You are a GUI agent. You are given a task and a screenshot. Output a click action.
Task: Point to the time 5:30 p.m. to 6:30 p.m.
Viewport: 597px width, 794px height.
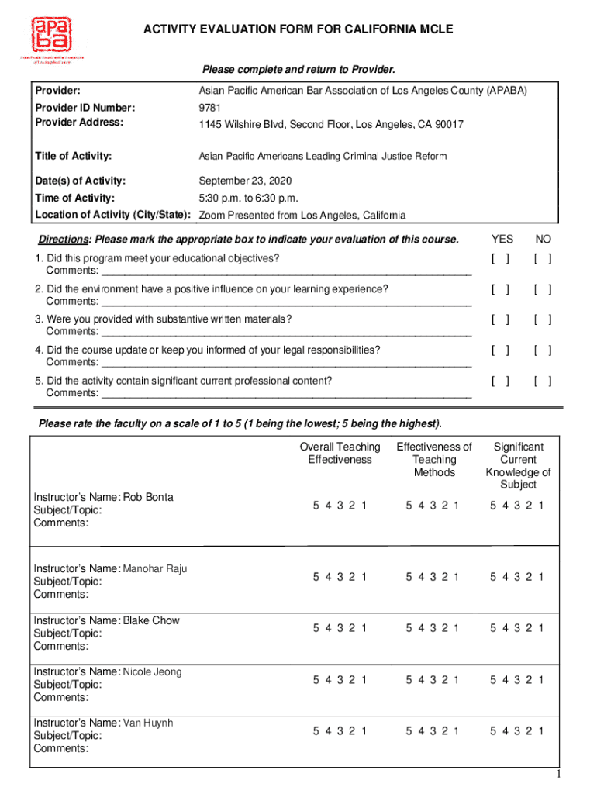[x=248, y=198]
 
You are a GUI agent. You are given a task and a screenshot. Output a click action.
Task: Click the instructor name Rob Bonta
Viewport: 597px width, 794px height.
[x=148, y=497]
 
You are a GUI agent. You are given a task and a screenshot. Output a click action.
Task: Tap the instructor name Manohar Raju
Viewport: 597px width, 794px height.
[x=154, y=568]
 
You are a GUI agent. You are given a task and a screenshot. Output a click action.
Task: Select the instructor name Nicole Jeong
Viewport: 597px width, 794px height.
[x=152, y=671]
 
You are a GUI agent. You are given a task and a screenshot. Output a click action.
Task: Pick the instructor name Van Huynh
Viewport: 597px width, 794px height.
[x=148, y=723]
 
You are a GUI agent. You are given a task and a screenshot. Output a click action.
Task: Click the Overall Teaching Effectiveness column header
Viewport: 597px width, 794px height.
[x=340, y=453]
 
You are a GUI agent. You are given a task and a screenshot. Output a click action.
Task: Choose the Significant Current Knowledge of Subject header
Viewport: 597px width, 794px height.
[x=518, y=465]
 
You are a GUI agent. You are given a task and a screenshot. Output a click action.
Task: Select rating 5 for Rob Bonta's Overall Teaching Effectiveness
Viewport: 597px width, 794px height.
[x=316, y=506]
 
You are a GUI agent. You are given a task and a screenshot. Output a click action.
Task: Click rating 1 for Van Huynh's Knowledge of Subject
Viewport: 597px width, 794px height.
[x=541, y=730]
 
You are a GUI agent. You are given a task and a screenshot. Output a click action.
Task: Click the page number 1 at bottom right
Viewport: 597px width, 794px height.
[x=579, y=777]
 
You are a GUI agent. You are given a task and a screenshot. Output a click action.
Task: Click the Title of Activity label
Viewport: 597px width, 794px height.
[x=73, y=156]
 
